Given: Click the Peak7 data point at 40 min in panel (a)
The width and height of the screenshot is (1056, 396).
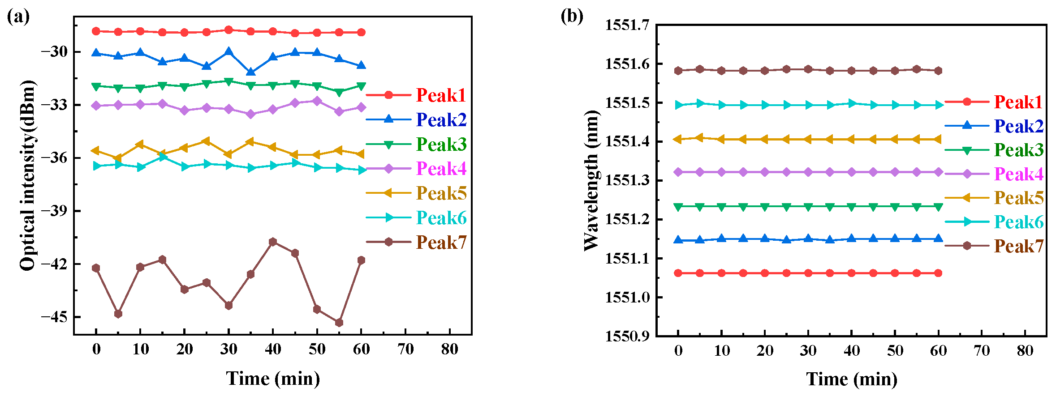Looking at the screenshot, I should coord(273,242).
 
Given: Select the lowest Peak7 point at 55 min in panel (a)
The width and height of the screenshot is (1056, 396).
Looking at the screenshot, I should coord(339,323).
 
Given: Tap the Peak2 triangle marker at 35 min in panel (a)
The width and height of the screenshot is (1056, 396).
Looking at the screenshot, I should coord(251,72).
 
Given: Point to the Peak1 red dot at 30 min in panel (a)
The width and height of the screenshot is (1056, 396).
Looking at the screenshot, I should coord(228,30).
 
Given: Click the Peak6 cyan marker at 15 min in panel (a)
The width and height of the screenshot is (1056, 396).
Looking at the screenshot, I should coord(163,157).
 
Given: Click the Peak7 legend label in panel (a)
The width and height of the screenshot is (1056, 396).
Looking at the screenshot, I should coord(441,243).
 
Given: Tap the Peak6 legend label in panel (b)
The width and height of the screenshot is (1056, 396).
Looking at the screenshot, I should coord(1018,222).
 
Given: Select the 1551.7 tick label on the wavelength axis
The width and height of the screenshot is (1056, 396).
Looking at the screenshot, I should coord(627,25).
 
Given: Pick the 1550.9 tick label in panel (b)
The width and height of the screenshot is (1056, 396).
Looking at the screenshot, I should coord(627,336).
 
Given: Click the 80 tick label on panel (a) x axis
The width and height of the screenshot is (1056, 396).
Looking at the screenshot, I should coord(449,349).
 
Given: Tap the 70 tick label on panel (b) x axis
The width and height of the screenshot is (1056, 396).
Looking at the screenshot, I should coord(982,350).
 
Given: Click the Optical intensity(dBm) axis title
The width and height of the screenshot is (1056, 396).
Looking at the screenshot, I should coord(28,175).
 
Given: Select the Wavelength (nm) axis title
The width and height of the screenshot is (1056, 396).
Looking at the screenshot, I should coord(591,180).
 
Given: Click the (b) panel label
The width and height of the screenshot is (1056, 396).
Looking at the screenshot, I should coord(572,16).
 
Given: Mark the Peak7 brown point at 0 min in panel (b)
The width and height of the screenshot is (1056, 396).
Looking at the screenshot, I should coord(678,71).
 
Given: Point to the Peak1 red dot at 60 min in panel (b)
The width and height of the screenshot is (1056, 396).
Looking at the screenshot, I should coord(938,273).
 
